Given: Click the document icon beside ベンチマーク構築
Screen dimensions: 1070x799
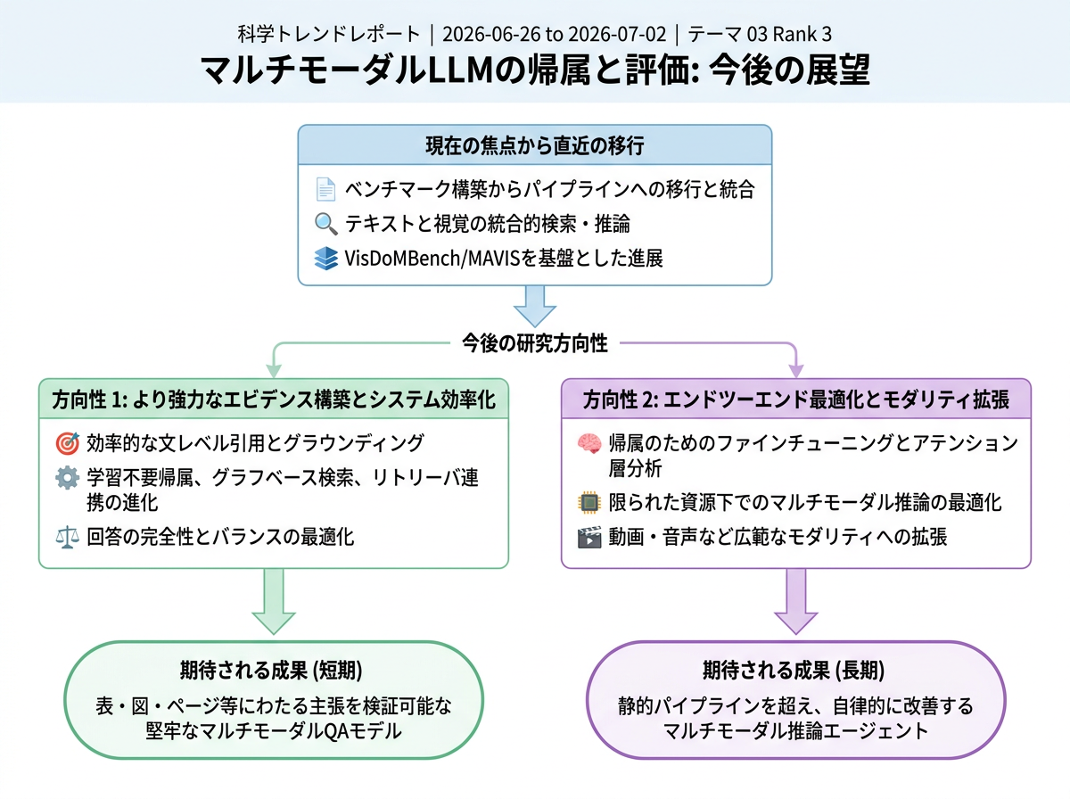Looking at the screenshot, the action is [x=325, y=189].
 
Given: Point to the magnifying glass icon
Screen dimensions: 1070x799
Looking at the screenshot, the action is [x=325, y=224].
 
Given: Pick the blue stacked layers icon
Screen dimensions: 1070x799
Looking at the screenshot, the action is [x=325, y=258].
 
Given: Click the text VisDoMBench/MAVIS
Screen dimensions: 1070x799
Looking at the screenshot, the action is [x=426, y=259].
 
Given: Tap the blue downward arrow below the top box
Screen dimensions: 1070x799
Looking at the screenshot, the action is [x=535, y=306].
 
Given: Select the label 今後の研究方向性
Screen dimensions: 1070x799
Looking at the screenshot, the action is [x=535, y=343].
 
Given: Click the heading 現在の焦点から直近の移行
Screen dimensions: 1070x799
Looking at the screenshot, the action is [x=535, y=145].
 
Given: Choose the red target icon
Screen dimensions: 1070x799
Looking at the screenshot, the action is [x=67, y=443].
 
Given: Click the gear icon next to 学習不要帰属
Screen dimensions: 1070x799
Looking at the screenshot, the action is [x=67, y=478].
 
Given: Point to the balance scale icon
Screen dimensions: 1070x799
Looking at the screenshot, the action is [x=67, y=537].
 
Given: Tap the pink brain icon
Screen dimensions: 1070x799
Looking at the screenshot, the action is [x=589, y=443].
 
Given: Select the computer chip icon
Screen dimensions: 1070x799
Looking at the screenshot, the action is [x=589, y=503].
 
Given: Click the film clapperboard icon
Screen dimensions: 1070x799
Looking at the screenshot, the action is [x=589, y=537].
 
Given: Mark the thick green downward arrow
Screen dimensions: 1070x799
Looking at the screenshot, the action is [x=274, y=602].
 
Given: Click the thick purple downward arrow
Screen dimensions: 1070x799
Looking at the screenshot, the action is [x=796, y=602].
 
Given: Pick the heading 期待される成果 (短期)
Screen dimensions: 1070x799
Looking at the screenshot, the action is [x=271, y=671].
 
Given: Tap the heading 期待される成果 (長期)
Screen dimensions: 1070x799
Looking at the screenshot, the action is [x=794, y=671].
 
